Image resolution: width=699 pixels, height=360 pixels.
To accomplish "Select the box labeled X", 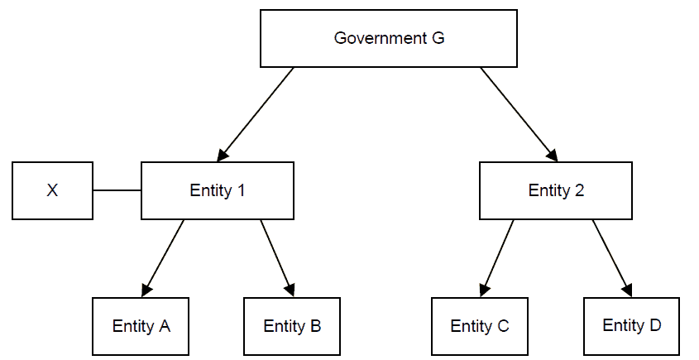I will (x=52, y=190).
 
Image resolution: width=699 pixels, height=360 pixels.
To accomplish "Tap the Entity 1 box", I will (x=218, y=190).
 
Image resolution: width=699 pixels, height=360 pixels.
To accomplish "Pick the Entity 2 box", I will (x=556, y=190).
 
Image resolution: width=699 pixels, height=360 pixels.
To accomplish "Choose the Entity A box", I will (x=141, y=325).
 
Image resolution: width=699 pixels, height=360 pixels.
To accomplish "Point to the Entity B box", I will (x=292, y=325).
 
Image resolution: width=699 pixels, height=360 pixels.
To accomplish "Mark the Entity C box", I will (x=480, y=325).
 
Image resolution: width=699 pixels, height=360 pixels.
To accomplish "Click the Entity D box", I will (x=632, y=325).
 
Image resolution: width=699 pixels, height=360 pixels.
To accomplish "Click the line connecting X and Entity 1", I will (x=117, y=190).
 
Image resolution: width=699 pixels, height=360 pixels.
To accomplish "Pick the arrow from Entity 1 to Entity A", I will (x=164, y=257).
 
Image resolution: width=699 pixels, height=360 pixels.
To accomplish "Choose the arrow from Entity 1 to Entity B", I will (x=277, y=257).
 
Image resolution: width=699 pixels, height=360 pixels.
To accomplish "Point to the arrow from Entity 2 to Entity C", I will (x=496, y=257).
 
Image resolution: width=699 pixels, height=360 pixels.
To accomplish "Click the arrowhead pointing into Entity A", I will (x=147, y=289).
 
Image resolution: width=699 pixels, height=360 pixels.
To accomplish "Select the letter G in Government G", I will (x=438, y=38).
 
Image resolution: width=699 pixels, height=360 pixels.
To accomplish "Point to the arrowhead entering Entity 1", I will (x=223, y=155).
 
